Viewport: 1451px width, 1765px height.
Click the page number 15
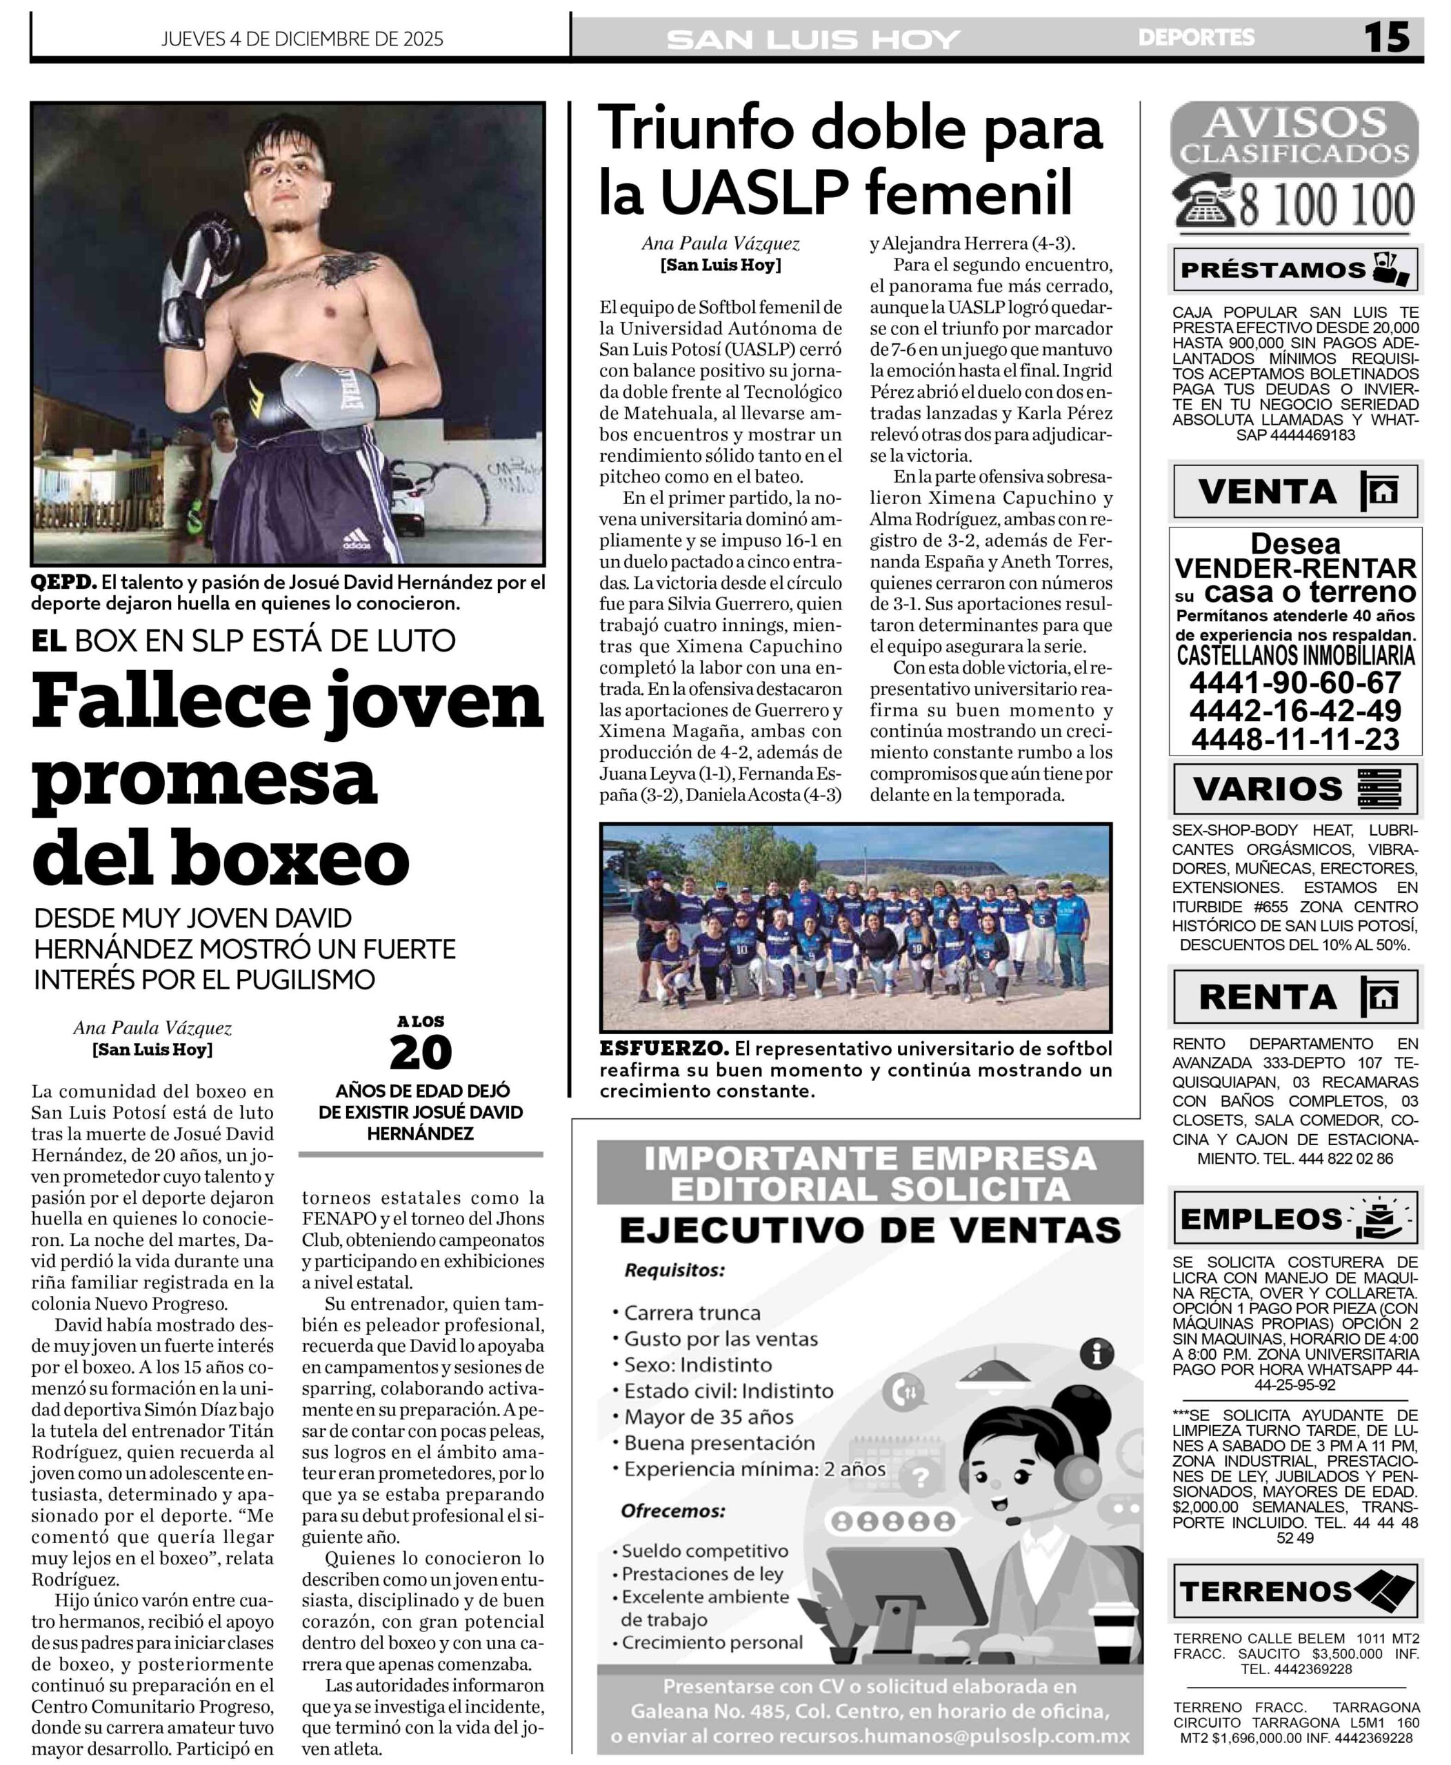pyautogui.click(x=1387, y=38)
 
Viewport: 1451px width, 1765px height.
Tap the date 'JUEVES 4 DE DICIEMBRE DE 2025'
pyautogui.click(x=302, y=39)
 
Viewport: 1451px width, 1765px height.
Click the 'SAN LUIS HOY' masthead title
pyautogui.click(x=813, y=39)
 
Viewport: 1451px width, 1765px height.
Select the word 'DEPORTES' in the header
pyautogui.click(x=1196, y=38)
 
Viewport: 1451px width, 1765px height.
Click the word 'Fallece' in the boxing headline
pyautogui.click(x=170, y=703)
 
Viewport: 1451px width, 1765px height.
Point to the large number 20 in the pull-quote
pyautogui.click(x=421, y=1053)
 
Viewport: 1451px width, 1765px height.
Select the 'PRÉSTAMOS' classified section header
pyautogui.click(x=1272, y=270)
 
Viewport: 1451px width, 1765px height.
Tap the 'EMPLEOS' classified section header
pyautogui.click(x=1261, y=1219)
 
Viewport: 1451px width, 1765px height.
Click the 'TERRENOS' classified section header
pyautogui.click(x=1265, y=1591)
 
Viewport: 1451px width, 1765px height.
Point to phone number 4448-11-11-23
pyautogui.click(x=1294, y=740)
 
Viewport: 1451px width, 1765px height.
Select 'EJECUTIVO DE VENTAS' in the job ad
pyautogui.click(x=869, y=1230)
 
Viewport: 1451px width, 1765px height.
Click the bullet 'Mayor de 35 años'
pyautogui.click(x=708, y=1418)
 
